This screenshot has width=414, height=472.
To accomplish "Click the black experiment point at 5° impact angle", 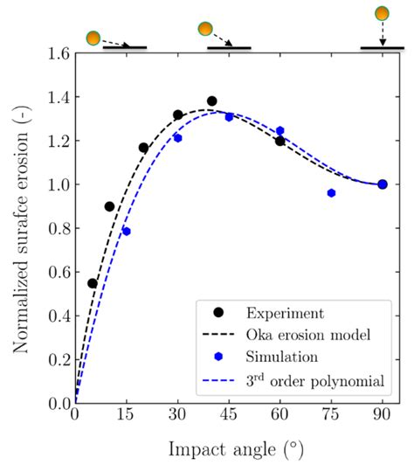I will pyautogui.click(x=93, y=283).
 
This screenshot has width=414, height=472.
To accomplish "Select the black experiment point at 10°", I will pyautogui.click(x=109, y=206).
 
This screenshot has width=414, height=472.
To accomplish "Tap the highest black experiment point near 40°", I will pyautogui.click(x=211, y=101).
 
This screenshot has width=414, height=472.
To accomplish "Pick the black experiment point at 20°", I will pyautogui.click(x=143, y=148).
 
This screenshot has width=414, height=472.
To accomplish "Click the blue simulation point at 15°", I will pyautogui.click(x=127, y=232).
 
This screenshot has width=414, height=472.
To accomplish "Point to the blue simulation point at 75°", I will pyautogui.click(x=331, y=193).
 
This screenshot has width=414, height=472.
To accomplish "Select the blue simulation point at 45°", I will pyautogui.click(x=229, y=117).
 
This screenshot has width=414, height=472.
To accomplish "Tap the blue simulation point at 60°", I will pyautogui.click(x=279, y=131).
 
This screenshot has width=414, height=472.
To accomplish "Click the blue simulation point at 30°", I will pyautogui.click(x=177, y=138).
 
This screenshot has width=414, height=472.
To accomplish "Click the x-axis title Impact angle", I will pyautogui.click(x=229, y=449).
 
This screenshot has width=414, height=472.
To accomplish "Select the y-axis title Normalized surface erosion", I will pyautogui.click(x=20, y=227).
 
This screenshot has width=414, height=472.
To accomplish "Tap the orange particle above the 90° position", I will pyautogui.click(x=382, y=13).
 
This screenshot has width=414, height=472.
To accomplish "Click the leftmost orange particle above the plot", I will pyautogui.click(x=93, y=38).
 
